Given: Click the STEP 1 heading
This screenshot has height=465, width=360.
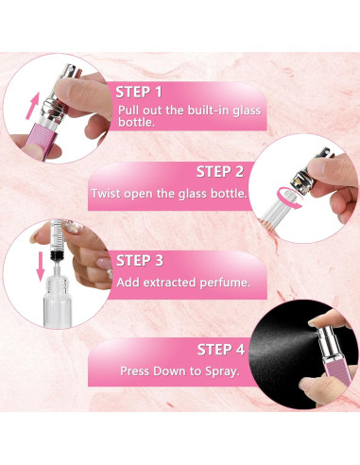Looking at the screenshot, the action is click(139, 92).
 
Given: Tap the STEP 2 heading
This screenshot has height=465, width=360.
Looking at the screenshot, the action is click(220, 172).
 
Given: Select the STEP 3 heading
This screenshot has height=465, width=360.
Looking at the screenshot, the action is click(140, 261).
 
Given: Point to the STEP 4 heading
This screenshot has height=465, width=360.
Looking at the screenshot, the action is click(221, 350).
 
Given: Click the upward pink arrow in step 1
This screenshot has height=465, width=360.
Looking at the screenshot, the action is click(32, 106).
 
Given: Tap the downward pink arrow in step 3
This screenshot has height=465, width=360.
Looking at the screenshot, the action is click(41, 267).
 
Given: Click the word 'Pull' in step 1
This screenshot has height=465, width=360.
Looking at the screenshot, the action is click(129, 111).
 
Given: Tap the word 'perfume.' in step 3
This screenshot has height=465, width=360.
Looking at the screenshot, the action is click(225, 283).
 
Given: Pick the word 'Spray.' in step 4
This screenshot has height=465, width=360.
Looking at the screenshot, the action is click(222, 371).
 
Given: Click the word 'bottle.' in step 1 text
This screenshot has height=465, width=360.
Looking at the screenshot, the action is click(136, 123).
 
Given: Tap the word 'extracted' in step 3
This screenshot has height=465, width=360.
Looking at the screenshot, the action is click(170, 283).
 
